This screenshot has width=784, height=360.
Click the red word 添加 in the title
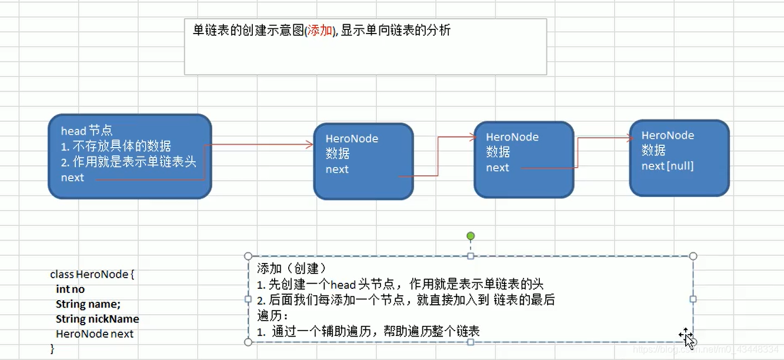tap(320, 31)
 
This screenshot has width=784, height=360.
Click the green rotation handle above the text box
tap(471, 236)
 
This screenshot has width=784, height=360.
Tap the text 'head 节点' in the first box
tap(86, 131)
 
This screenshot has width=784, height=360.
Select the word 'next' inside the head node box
tap(72, 178)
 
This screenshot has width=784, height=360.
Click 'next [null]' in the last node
tap(668, 166)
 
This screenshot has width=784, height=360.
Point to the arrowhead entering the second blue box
tap(310, 145)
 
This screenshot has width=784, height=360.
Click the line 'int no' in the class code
tap(70, 289)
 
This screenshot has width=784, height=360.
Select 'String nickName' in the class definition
tap(97, 319)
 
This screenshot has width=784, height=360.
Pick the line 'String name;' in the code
tap(88, 304)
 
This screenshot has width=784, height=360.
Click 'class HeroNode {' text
tap(92, 274)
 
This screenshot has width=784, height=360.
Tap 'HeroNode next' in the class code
tap(95, 334)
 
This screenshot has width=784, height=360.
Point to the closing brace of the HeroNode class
tap(52, 348)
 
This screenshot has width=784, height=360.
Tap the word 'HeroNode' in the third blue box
tap(512, 137)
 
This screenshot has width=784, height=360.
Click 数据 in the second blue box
tap(338, 154)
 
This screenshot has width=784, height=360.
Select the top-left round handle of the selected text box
tap(248, 256)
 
